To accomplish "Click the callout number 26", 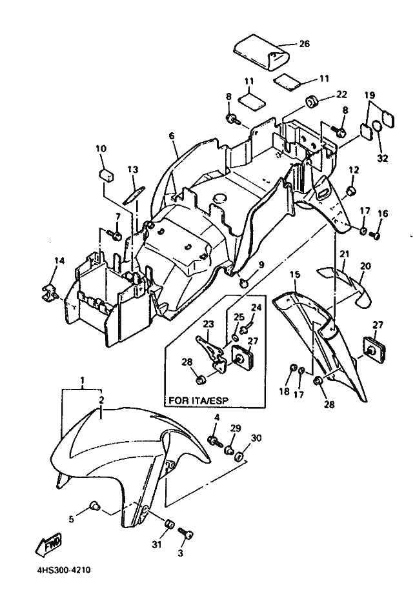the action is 304,44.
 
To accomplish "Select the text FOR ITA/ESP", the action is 198,400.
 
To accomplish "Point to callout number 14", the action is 59,261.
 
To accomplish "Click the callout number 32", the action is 383,158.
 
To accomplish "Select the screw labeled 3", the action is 185,533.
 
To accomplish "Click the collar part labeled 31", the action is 170,525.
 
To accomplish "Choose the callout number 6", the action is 172,135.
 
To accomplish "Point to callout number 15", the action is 295,273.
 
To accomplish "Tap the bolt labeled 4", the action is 215,441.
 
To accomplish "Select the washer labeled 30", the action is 239,458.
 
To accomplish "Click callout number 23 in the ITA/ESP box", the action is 208,324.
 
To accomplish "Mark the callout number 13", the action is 133,170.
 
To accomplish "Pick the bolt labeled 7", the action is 114,235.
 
